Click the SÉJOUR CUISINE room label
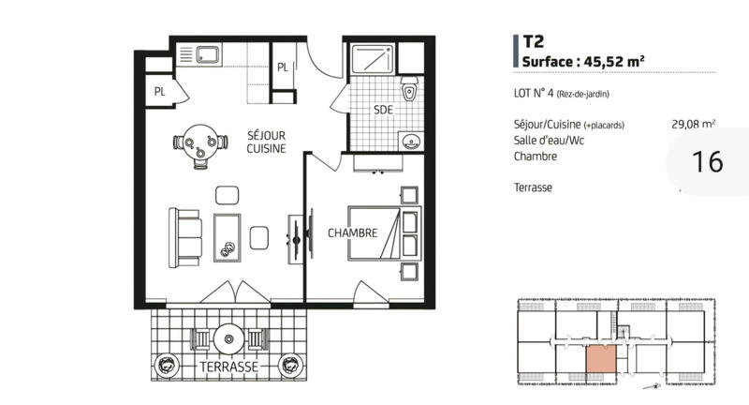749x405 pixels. (266, 142)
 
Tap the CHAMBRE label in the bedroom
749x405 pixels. (353, 233)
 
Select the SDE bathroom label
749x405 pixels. (383, 110)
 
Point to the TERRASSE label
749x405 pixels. (228, 367)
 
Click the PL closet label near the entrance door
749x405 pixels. (283, 67)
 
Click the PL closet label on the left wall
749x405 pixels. (160, 91)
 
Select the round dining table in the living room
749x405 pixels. (200, 145)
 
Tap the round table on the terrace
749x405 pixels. (228, 337)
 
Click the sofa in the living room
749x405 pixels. (185, 236)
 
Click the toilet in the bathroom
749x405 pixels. (409, 93)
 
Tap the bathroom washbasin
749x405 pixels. (410, 141)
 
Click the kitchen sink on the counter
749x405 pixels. (207, 55)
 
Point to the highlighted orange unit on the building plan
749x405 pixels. (599, 360)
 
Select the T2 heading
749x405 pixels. (534, 41)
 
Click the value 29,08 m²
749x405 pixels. (693, 124)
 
